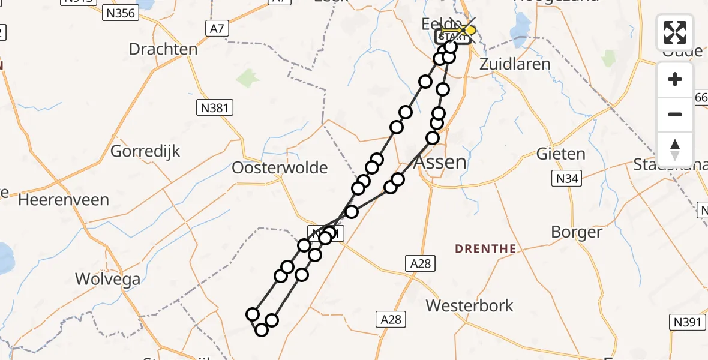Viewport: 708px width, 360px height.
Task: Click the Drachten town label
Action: tap(163, 49)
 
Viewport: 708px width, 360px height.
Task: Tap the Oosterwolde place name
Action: tap(280, 168)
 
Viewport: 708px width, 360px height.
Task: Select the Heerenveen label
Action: tap(64, 200)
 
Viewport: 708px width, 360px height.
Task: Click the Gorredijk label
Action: tap(145, 151)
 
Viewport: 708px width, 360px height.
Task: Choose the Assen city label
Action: tap(440, 163)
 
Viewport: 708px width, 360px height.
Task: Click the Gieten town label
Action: tap(561, 154)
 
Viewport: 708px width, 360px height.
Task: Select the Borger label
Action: tap(577, 232)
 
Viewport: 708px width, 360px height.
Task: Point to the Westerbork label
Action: tap(470, 305)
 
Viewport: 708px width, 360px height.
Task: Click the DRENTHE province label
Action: tap(485, 248)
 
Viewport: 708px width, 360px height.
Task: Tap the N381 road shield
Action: tap(214, 108)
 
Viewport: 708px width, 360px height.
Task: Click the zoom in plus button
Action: tap(675, 79)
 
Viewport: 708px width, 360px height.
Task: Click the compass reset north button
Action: tap(675, 149)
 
